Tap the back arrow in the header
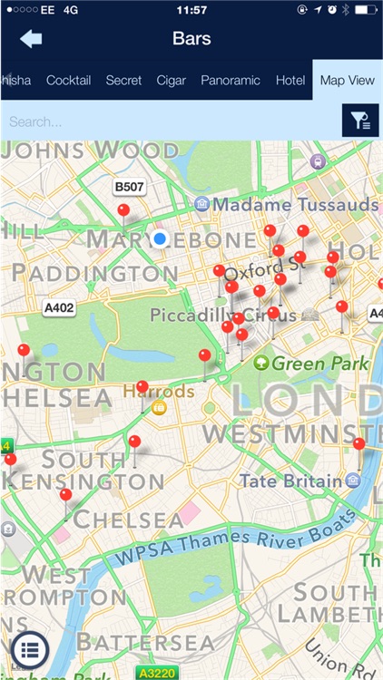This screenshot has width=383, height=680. [x=32, y=39]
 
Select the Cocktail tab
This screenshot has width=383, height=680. [x=69, y=81]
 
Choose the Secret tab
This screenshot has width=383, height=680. [x=123, y=81]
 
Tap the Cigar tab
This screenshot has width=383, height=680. [x=171, y=81]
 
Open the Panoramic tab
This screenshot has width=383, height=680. [x=231, y=81]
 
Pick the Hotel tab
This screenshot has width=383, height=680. [x=290, y=81]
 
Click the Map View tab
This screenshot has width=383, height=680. [x=347, y=81]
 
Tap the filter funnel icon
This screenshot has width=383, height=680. [x=359, y=121]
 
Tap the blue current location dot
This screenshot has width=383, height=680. [x=161, y=239]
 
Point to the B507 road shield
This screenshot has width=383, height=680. [x=129, y=187]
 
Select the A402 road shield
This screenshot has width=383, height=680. [x=60, y=308]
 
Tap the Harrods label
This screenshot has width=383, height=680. [x=159, y=392]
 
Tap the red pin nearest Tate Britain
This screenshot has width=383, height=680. [x=358, y=444]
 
